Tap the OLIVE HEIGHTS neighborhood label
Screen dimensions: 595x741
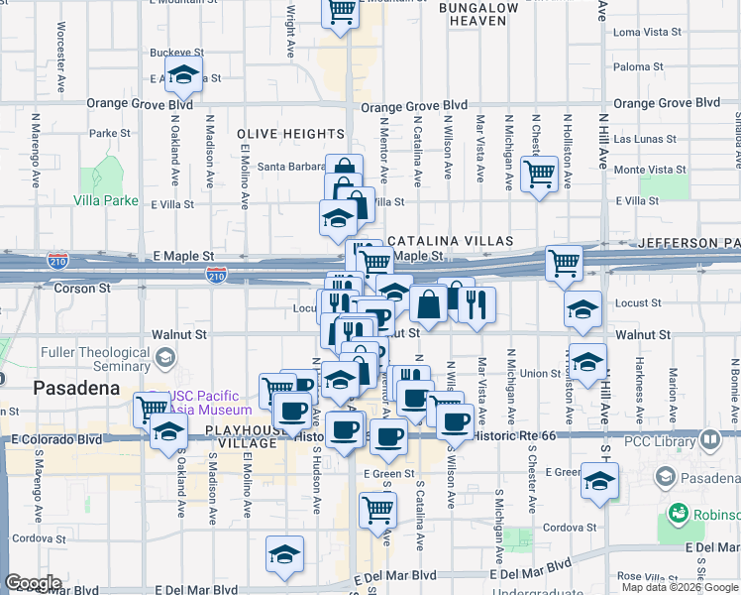click(x=290, y=133)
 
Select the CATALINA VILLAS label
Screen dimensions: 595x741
click(x=450, y=241)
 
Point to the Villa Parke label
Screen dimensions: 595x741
click(x=105, y=199)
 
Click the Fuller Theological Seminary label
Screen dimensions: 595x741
click(x=95, y=359)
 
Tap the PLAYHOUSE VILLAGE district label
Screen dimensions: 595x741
click(x=242, y=436)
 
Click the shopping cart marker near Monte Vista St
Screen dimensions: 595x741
click(x=539, y=175)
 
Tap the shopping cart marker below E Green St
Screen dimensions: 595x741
click(x=378, y=510)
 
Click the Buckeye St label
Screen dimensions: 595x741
click(x=176, y=52)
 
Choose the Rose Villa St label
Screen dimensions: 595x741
click(x=644, y=576)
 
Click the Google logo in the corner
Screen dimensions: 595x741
click(x=33, y=583)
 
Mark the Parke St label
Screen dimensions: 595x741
click(x=110, y=133)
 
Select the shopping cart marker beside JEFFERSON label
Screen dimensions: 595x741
click(x=564, y=263)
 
